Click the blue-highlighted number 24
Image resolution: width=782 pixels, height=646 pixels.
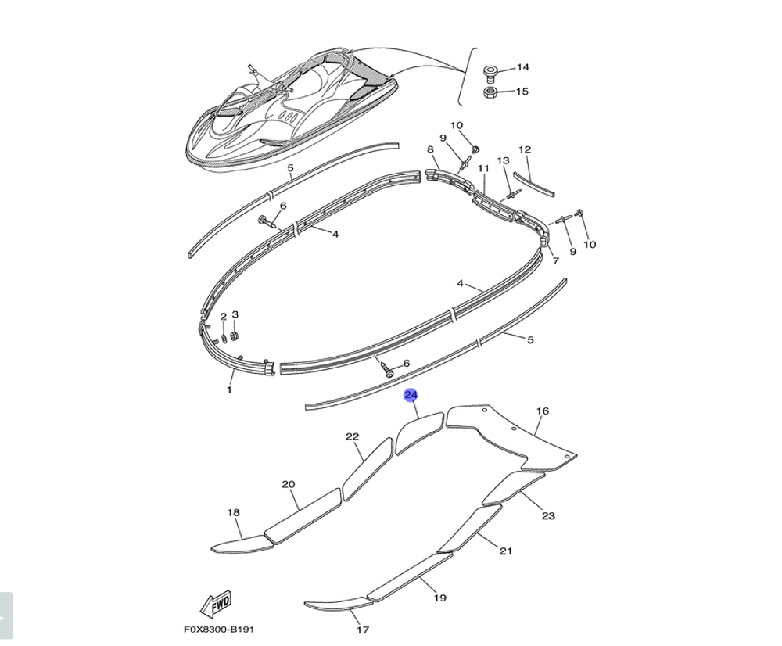(x=411, y=396)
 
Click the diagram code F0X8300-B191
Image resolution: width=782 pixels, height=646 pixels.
(x=219, y=630)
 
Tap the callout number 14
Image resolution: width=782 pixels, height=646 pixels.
(x=522, y=67)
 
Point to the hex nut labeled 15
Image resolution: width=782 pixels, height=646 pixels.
(x=490, y=92)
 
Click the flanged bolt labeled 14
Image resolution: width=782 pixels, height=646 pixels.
(x=490, y=74)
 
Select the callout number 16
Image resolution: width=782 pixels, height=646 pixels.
(x=543, y=411)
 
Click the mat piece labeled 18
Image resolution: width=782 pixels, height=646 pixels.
(x=243, y=544)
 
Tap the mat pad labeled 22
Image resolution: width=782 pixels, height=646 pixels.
(x=368, y=469)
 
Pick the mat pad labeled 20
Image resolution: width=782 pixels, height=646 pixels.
(x=303, y=516)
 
